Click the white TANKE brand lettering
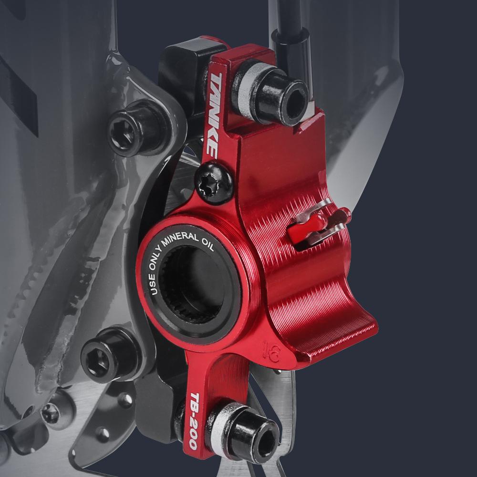(213, 115)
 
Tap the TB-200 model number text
(194, 421)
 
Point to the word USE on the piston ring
(154, 284)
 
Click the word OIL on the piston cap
(208, 244)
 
